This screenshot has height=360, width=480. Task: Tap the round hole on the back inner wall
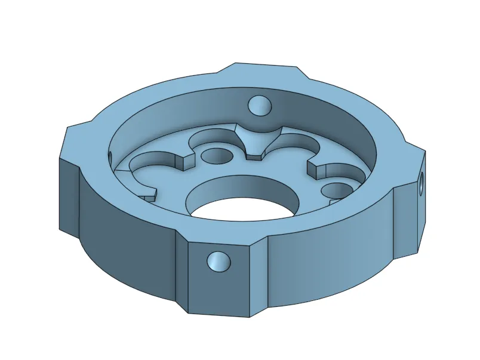(260, 106)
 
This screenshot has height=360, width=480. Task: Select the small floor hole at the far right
(334, 190)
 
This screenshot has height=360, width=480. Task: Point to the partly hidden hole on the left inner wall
(111, 157)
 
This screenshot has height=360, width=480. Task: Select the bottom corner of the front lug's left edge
(190, 313)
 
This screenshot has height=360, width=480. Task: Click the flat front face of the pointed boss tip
(255, 156)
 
